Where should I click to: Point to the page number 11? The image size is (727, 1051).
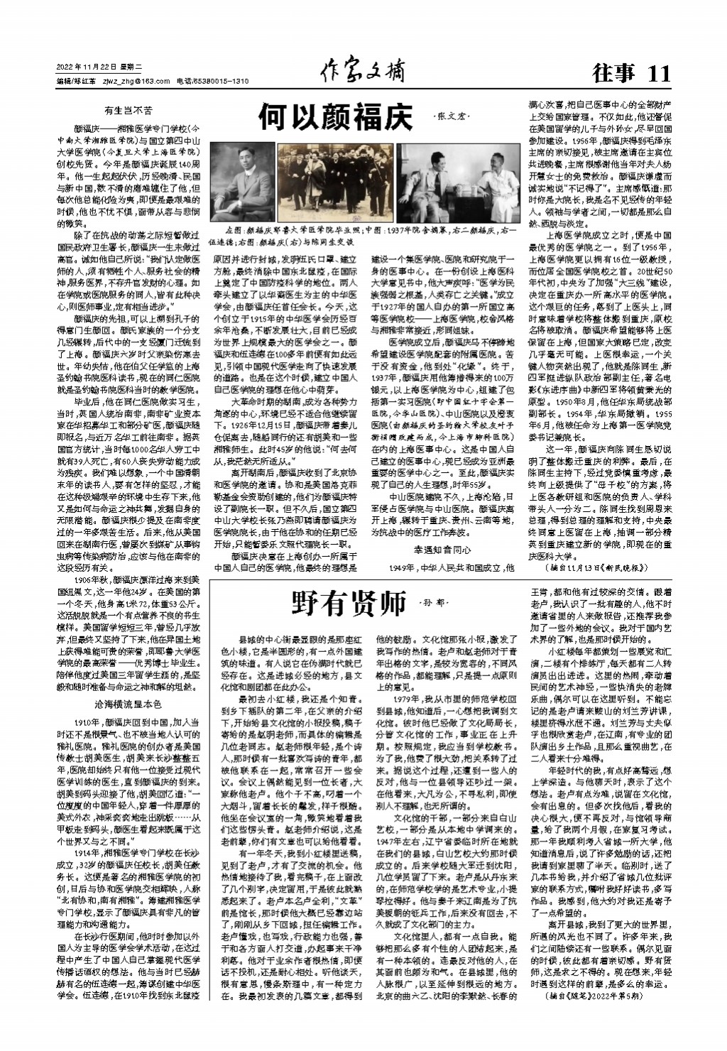[x=658, y=72]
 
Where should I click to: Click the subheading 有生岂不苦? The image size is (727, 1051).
[x=128, y=111]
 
